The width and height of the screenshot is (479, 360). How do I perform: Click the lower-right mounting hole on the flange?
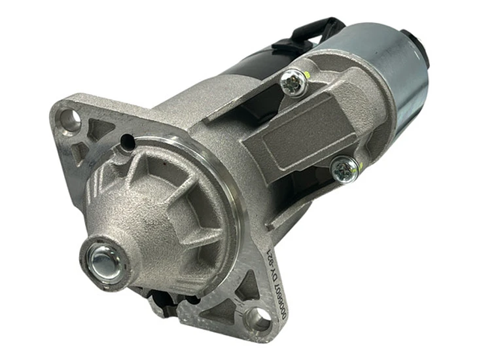257,320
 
